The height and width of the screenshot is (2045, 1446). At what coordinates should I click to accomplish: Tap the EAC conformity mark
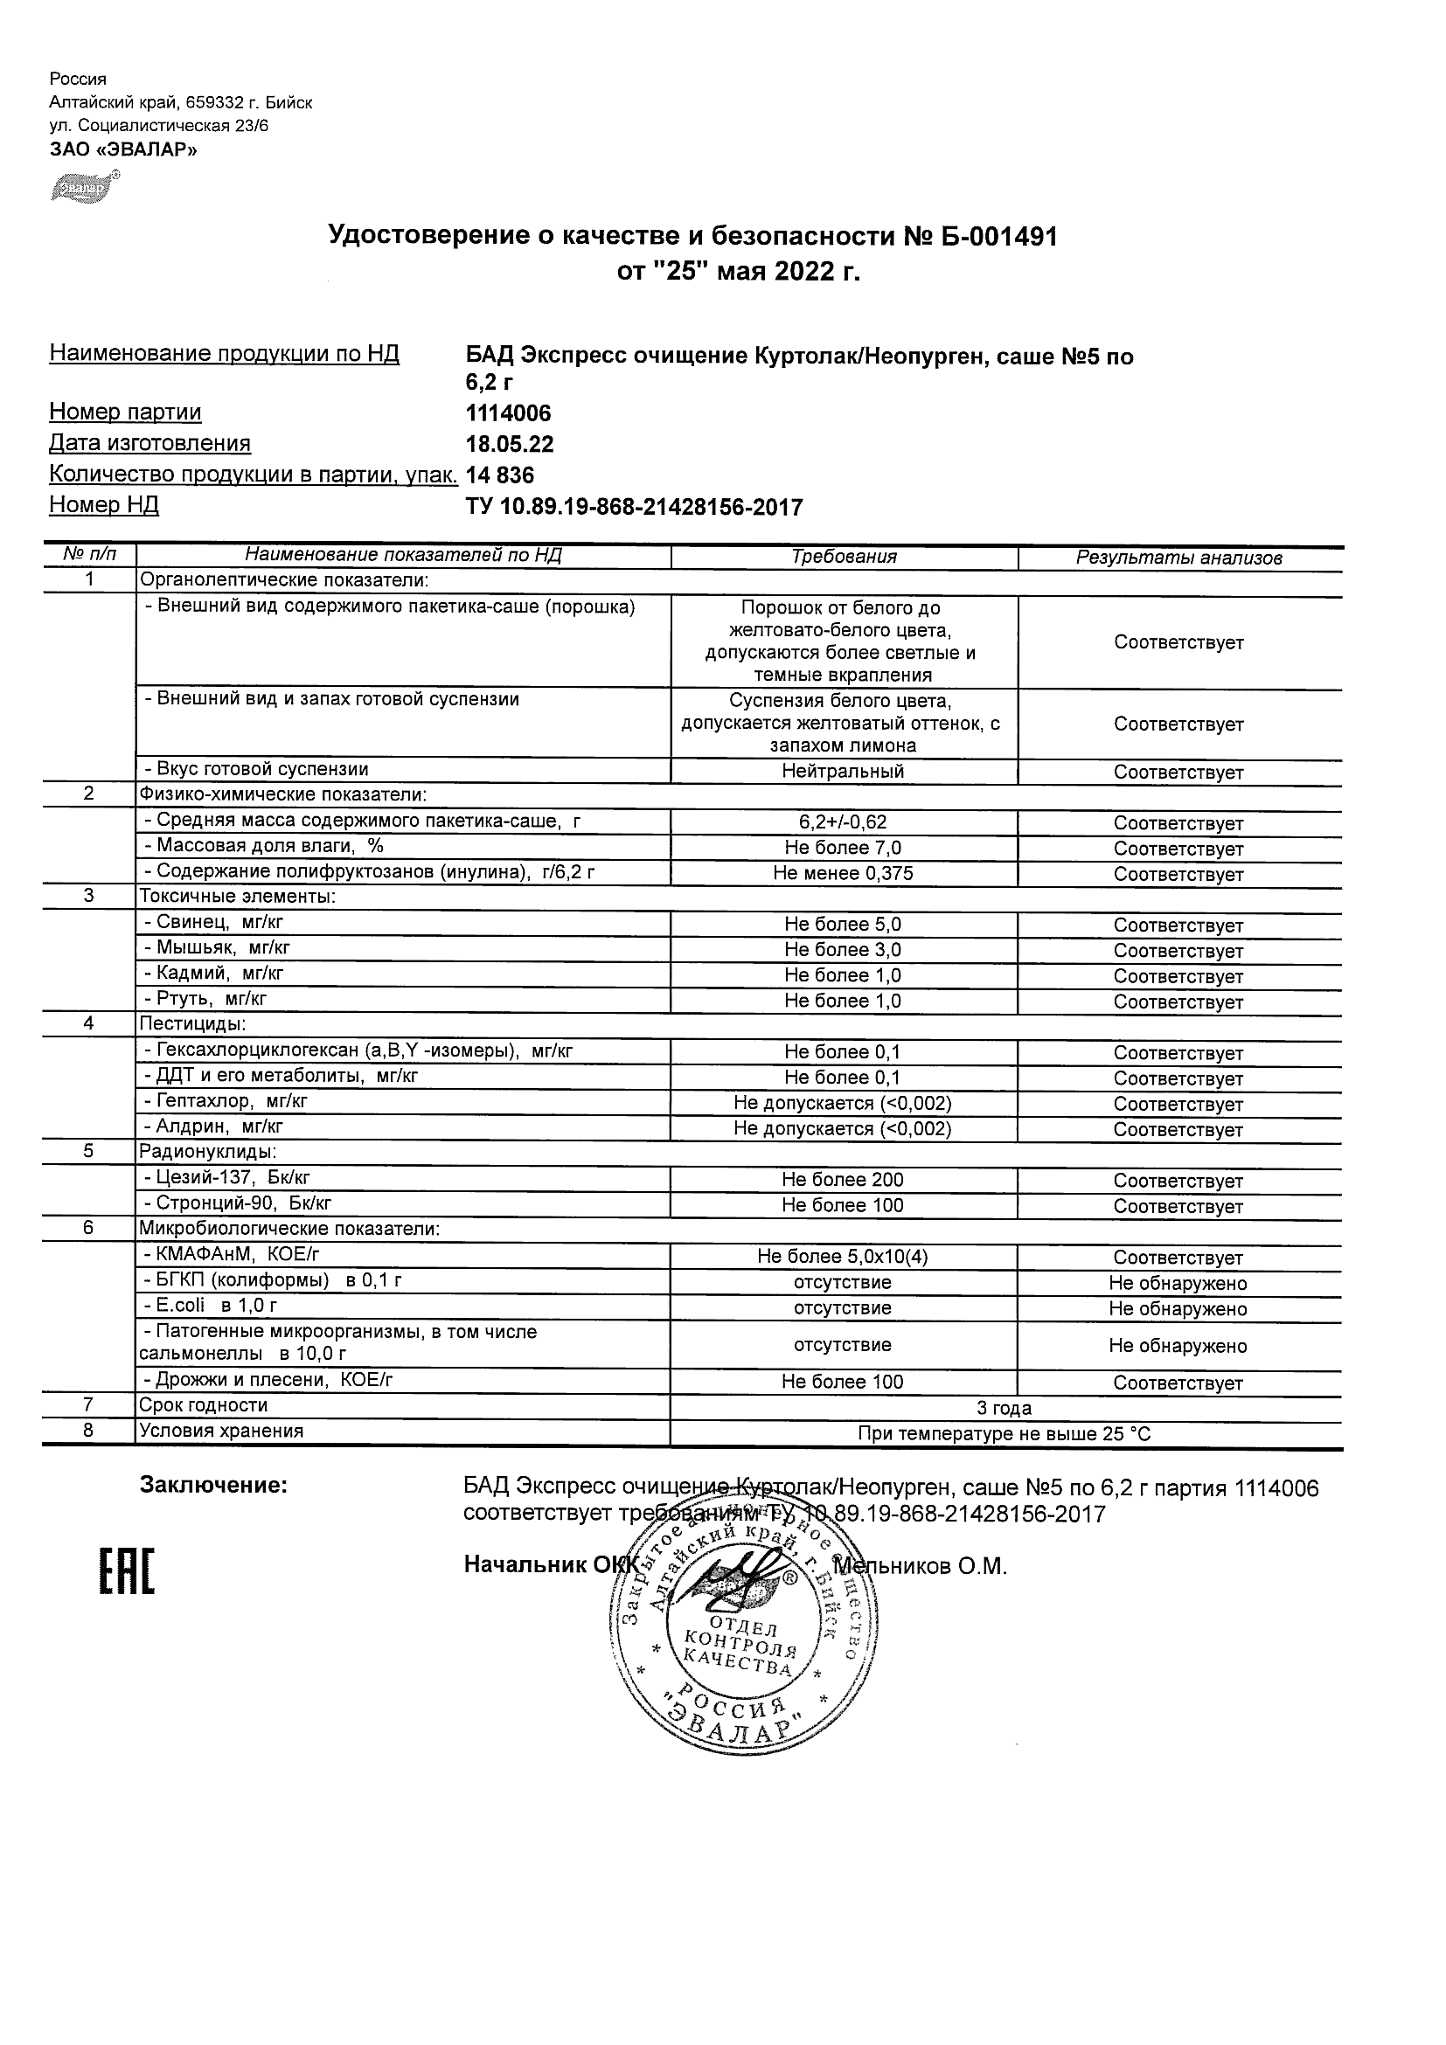pos(126,1572)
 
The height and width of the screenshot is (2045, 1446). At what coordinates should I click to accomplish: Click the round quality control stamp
pos(736,1633)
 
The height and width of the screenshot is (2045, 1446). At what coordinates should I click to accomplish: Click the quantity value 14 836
pos(500,475)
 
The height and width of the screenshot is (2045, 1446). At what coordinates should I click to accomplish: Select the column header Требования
pos(844,557)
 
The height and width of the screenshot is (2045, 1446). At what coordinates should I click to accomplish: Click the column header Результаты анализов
pos(1178,558)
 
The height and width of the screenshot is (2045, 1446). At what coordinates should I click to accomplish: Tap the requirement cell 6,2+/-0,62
pos(842,822)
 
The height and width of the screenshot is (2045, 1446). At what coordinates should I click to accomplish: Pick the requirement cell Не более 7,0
pos(842,848)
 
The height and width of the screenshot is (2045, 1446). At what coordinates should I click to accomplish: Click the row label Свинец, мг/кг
pos(214,923)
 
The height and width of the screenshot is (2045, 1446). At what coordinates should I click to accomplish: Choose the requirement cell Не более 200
pos(842,1180)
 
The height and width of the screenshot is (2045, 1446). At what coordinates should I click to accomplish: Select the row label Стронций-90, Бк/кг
pos(237,1203)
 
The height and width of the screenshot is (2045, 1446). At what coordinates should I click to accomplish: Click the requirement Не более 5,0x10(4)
pos(842,1257)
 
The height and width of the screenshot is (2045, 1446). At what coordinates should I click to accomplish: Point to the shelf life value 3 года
pos(1005,1408)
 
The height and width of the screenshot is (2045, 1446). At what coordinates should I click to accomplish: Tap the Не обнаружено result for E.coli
pos(1178,1308)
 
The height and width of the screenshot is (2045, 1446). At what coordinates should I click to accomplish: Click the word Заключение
pos(214,1485)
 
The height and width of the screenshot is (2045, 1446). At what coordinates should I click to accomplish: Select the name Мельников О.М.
pos(920,1566)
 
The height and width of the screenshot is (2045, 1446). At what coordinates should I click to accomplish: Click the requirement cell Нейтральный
pos(842,772)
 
